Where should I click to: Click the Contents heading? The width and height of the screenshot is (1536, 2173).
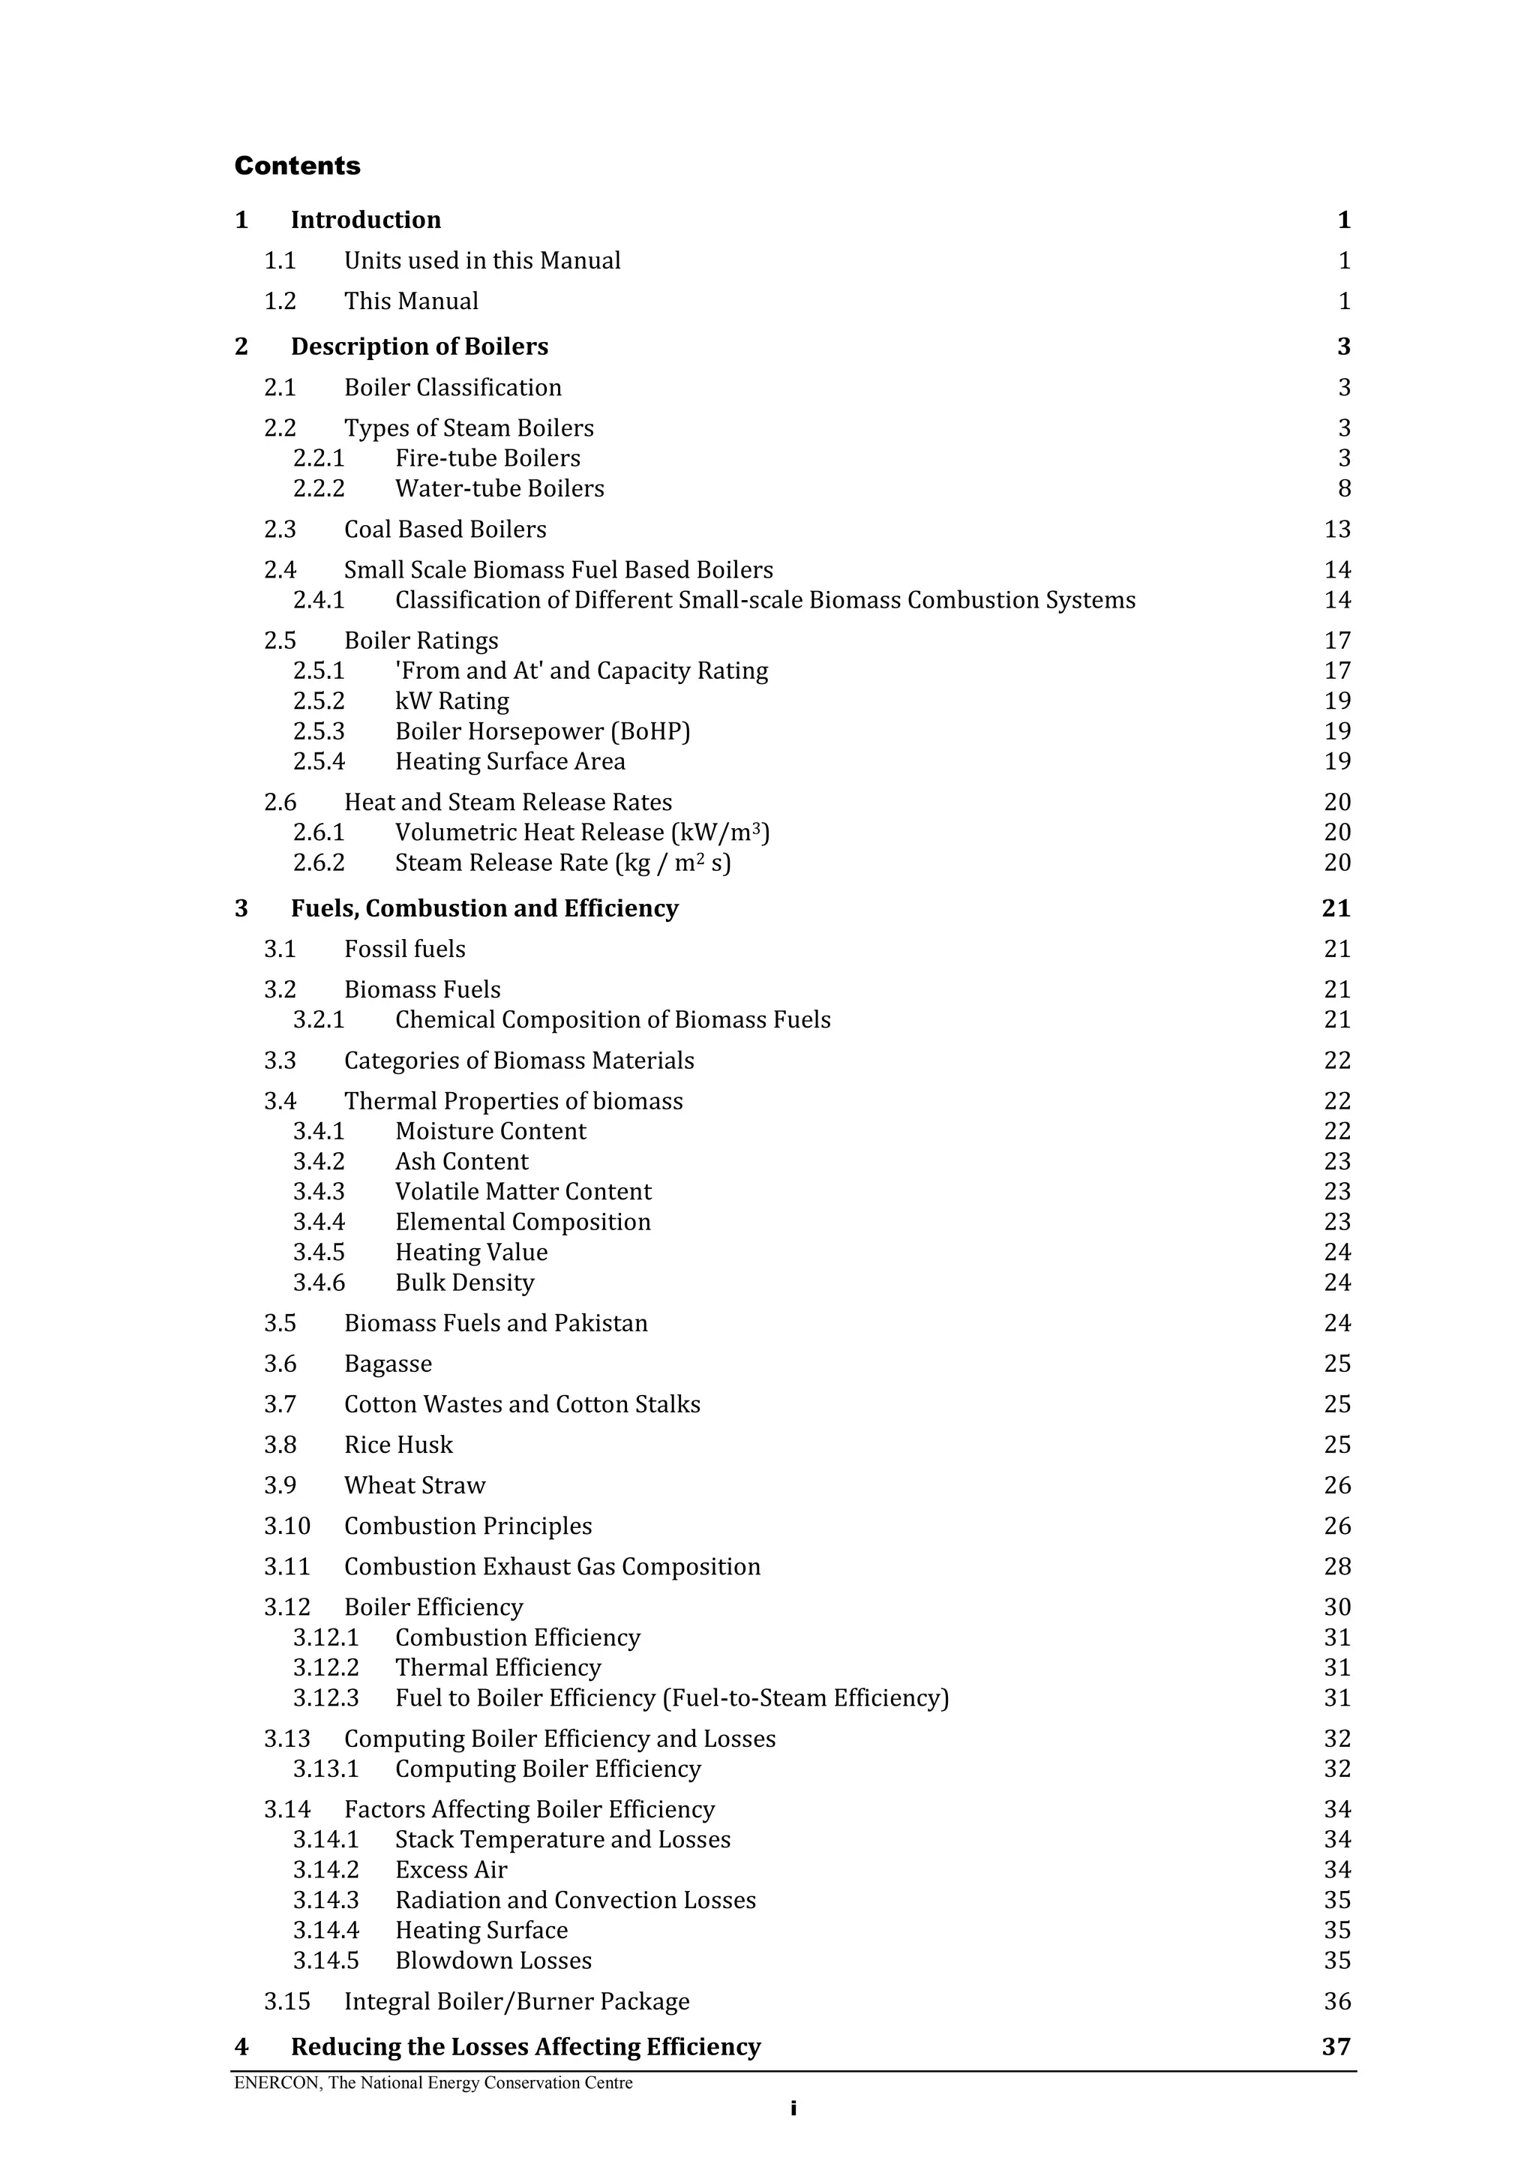point(297,166)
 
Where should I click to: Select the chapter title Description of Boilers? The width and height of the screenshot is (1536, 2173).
point(419,347)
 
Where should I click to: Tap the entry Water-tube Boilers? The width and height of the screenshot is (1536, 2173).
point(499,488)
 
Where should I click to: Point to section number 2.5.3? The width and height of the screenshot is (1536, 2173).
point(319,731)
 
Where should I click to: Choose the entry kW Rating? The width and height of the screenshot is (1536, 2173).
point(451,701)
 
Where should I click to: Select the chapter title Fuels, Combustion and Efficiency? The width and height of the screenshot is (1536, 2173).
point(484,908)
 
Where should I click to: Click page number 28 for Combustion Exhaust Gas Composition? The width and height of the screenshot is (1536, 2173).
point(1336,1566)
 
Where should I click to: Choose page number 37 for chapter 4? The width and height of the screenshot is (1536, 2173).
point(1335,2046)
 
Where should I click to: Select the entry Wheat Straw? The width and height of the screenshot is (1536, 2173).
point(415,1485)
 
